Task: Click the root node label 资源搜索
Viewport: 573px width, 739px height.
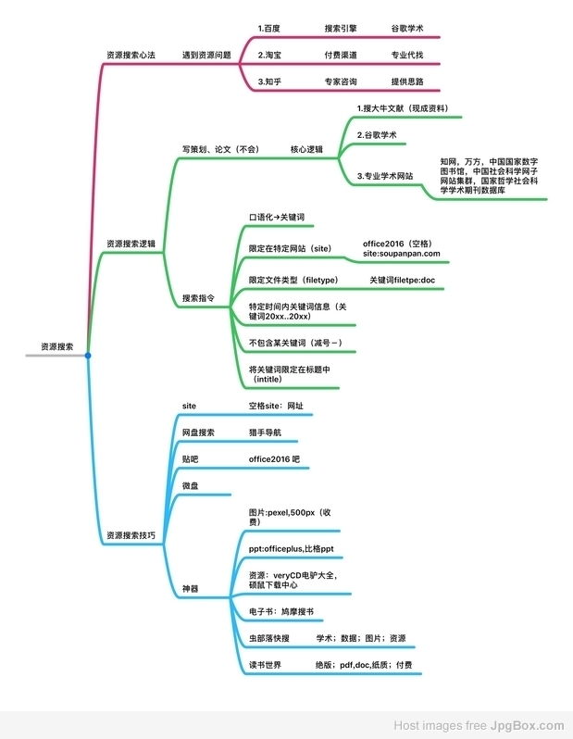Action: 57,347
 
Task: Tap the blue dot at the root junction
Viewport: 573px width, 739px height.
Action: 88,356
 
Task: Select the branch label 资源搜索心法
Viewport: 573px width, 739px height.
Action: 131,56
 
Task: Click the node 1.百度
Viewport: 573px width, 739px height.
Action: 268,29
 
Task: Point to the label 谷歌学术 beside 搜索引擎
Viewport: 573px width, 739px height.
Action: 407,29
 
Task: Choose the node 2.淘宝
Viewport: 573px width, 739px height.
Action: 269,56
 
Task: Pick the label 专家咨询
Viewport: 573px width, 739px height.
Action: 341,81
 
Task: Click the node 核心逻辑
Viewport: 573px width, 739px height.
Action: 306,149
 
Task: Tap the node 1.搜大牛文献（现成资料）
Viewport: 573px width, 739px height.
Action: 403,108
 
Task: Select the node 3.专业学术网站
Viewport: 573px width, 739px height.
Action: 384,176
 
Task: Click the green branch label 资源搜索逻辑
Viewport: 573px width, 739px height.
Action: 131,244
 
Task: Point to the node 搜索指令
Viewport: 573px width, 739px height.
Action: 198,298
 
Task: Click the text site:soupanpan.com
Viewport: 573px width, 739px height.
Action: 402,254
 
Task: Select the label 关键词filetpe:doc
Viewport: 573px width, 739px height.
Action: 402,280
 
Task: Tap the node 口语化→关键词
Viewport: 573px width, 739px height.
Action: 277,218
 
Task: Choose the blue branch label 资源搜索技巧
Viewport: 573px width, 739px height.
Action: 131,535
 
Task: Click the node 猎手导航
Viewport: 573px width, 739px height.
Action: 265,432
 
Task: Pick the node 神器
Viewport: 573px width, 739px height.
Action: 191,589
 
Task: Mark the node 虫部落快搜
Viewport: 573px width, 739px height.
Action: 269,638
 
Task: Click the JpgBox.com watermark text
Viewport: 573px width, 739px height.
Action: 527,725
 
